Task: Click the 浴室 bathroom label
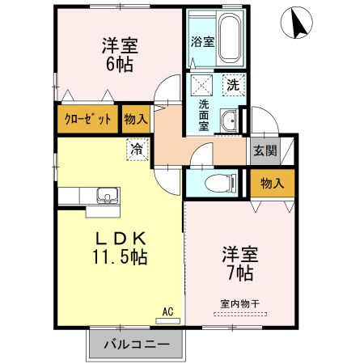tap(201, 41)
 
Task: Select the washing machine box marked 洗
tap(233, 83)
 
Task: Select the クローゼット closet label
tap(87, 119)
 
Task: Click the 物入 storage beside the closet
tap(135, 119)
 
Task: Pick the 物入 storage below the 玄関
tap(272, 184)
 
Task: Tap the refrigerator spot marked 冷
tap(138, 149)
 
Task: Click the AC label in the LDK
tap(168, 311)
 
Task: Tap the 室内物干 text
tap(239, 303)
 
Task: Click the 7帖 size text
tap(239, 273)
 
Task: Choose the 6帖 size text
tap(117, 65)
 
